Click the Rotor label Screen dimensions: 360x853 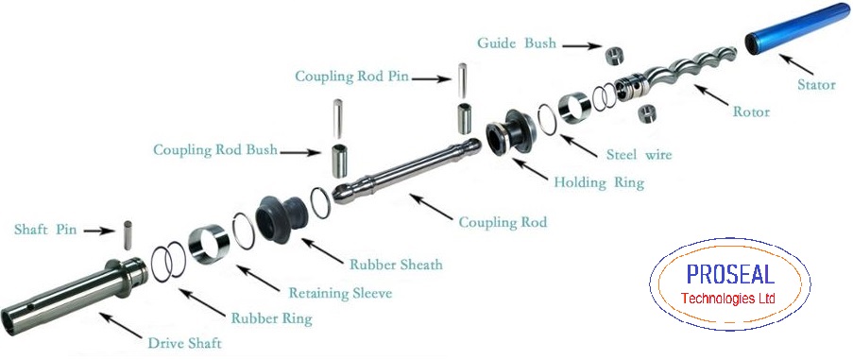point(751,111)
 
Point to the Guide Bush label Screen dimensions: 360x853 point(516,43)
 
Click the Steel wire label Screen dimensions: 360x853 point(639,154)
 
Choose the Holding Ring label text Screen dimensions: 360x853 point(599,182)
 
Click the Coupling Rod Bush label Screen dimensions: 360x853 point(215,149)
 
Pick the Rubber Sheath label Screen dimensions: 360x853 point(396,265)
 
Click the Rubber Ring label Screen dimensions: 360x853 point(271,318)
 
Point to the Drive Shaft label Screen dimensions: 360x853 point(184,343)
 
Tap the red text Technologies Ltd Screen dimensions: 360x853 point(727,299)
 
